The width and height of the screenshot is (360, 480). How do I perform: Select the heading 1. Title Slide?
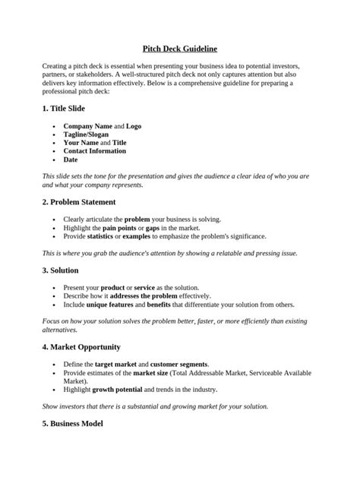[x=69, y=109]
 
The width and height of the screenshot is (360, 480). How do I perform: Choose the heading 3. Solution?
[x=60, y=270]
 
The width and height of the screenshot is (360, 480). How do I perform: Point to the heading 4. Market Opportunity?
[x=83, y=347]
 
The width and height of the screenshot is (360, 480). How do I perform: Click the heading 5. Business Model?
[x=72, y=424]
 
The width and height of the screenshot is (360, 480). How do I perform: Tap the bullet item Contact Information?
[x=96, y=151]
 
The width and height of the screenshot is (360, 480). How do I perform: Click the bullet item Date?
[x=71, y=160]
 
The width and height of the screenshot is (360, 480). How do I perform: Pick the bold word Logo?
[x=134, y=126]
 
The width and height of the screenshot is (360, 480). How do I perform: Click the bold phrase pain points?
[x=119, y=228]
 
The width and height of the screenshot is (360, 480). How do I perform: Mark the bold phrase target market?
[x=116, y=365]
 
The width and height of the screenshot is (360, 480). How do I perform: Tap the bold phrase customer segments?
[x=178, y=365]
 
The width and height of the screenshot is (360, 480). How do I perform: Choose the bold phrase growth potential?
[x=122, y=390]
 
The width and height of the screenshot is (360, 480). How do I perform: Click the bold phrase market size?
[x=153, y=373]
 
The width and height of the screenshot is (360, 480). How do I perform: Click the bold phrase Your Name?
[x=81, y=143]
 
